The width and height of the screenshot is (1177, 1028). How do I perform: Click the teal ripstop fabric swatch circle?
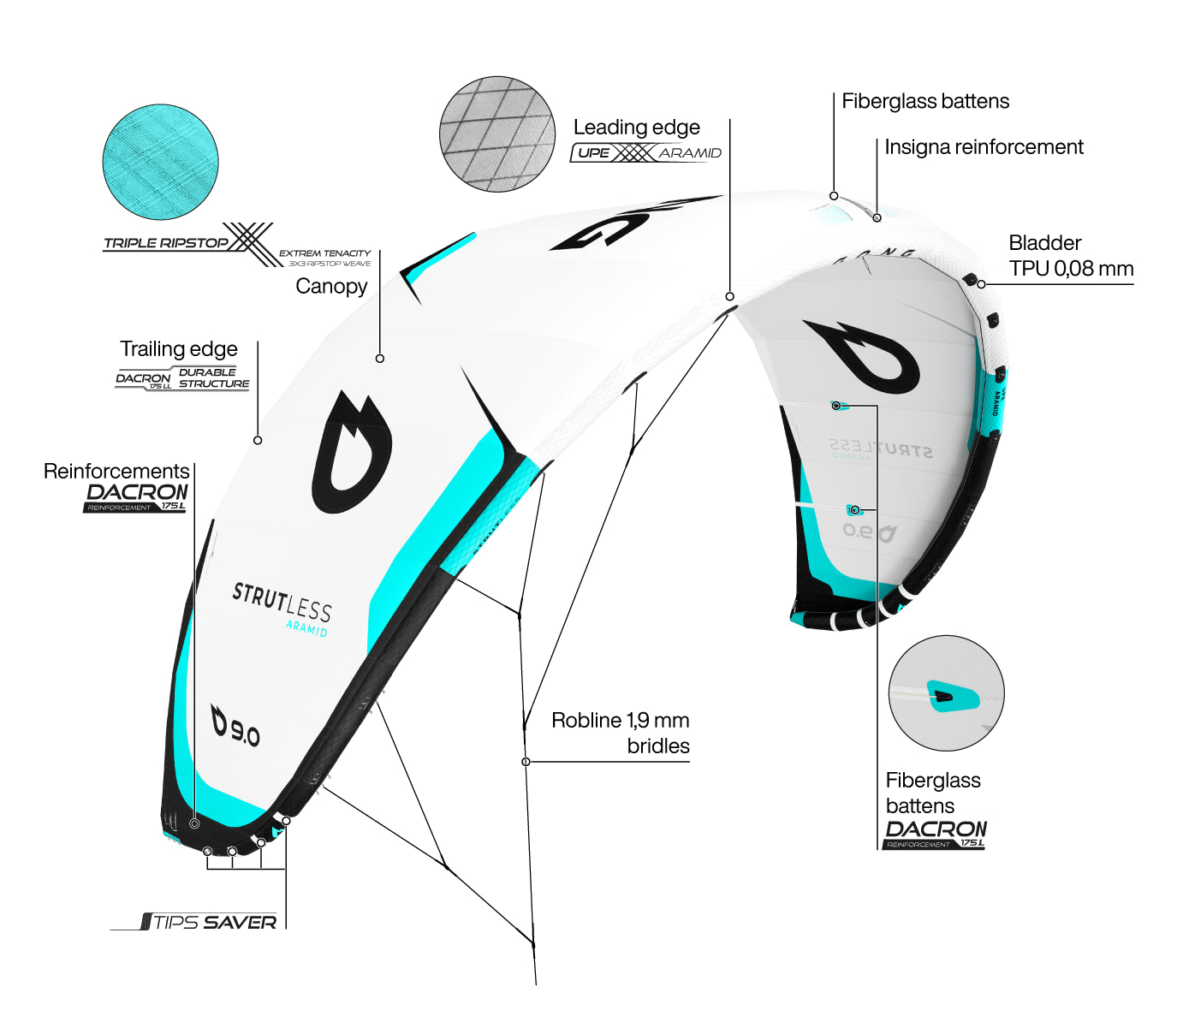pyautogui.click(x=160, y=163)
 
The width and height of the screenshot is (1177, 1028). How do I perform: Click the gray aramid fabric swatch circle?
pyautogui.click(x=496, y=134)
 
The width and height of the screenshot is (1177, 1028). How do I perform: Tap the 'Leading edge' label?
pyautogui.click(x=636, y=128)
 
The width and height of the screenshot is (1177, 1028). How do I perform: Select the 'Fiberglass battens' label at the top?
pyautogui.click(x=925, y=101)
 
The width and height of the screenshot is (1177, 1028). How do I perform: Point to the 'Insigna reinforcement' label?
pyautogui.click(x=984, y=147)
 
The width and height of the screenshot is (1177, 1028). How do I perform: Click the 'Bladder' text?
pyautogui.click(x=1044, y=243)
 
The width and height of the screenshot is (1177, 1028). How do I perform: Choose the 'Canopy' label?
pyautogui.click(x=331, y=286)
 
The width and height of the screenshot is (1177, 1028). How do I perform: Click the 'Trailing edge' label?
pyautogui.click(x=179, y=349)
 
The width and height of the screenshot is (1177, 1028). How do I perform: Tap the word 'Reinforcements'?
pyautogui.click(x=116, y=472)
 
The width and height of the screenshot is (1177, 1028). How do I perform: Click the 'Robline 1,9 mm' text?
pyautogui.click(x=620, y=721)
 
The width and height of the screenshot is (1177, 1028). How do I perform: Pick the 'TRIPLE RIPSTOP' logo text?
pyautogui.click(x=166, y=243)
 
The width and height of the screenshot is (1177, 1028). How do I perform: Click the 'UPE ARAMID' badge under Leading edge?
pyautogui.click(x=646, y=153)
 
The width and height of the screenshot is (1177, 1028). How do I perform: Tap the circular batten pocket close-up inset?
pyautogui.click(x=946, y=693)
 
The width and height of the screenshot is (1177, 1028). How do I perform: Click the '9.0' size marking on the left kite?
pyautogui.click(x=236, y=727)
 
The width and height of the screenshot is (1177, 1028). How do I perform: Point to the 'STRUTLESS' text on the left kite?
pyautogui.click(x=282, y=603)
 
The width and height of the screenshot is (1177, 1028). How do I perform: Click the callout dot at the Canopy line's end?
pyautogui.click(x=380, y=359)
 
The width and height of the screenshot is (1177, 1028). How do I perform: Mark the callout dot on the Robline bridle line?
pyautogui.click(x=526, y=762)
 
